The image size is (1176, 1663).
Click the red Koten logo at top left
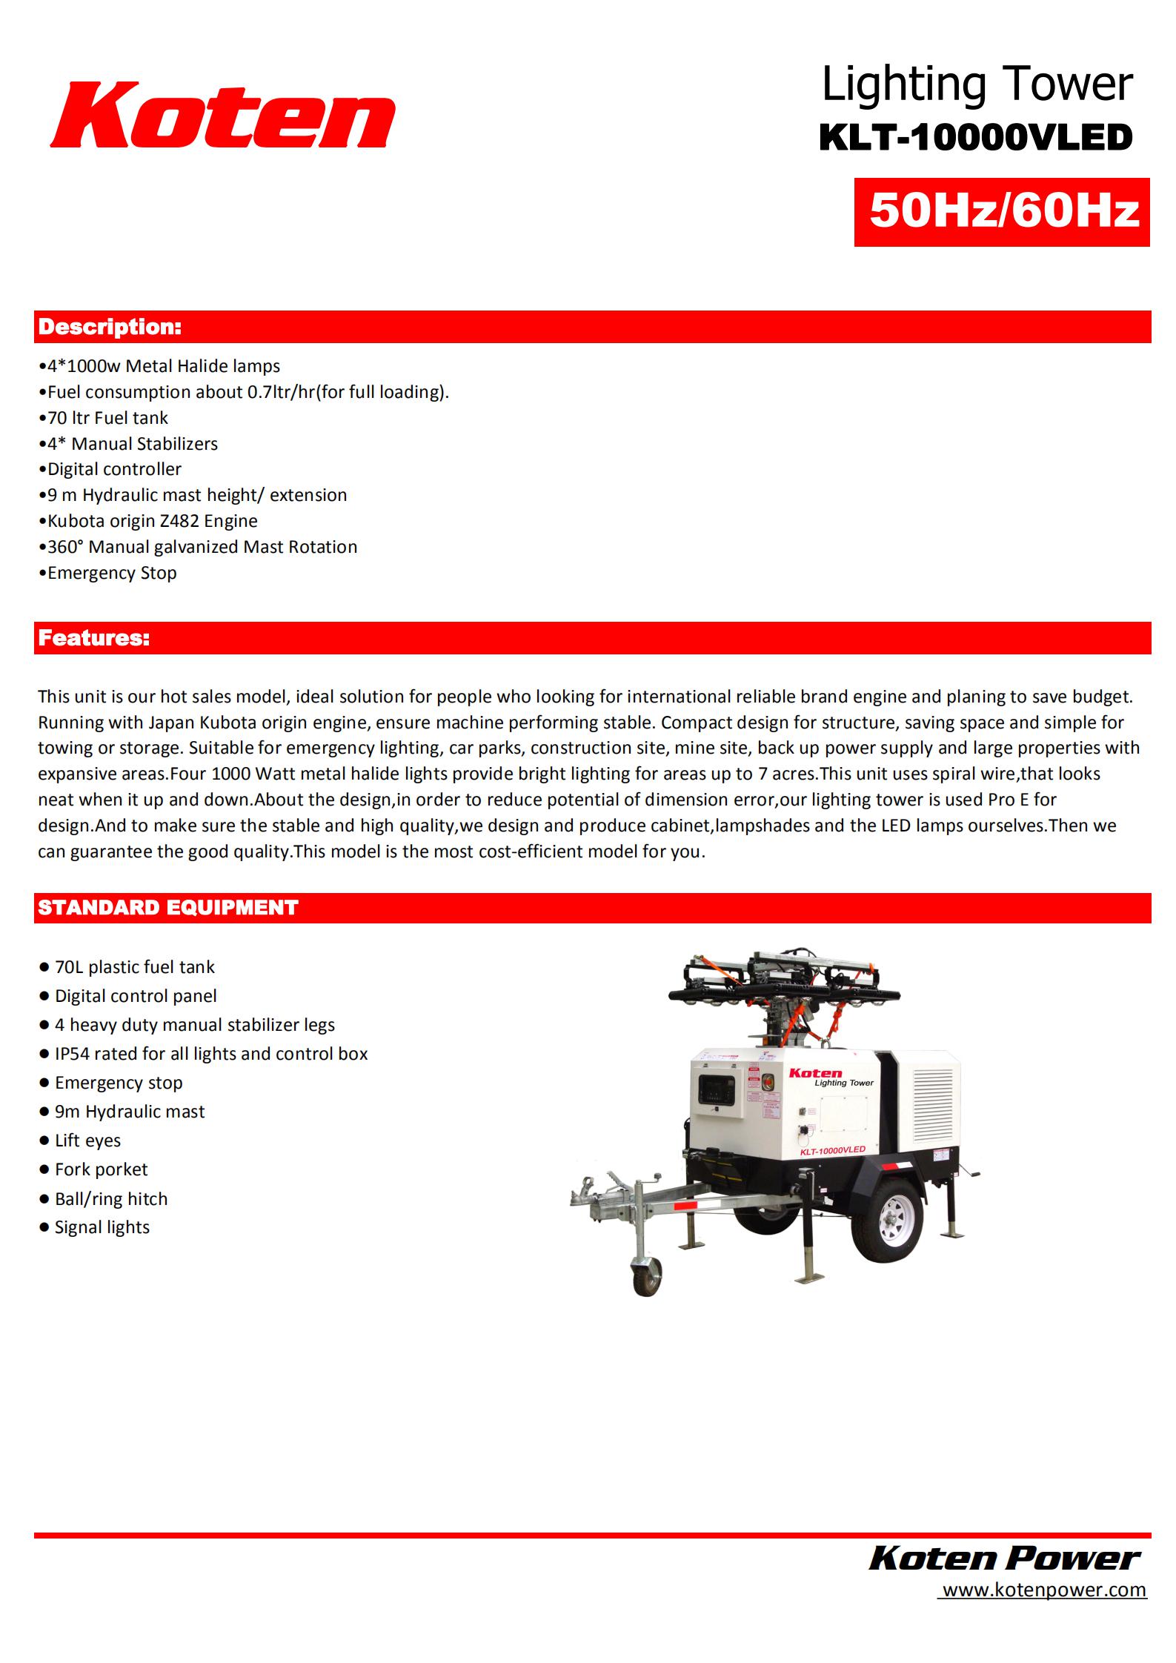click(222, 116)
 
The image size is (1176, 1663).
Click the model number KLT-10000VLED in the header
click(975, 138)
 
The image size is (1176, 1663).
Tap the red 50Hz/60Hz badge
click(1002, 211)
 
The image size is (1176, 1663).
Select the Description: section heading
click(110, 327)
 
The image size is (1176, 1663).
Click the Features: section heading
click(94, 638)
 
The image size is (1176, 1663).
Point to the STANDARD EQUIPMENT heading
click(168, 908)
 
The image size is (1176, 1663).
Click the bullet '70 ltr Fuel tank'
click(107, 418)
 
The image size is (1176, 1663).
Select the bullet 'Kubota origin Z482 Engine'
click(152, 521)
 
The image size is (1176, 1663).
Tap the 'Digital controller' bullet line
click(113, 469)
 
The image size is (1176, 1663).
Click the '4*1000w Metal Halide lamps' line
click(163, 366)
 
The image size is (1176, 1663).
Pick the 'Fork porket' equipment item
click(101, 1169)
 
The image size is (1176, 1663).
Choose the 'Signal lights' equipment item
click(102, 1227)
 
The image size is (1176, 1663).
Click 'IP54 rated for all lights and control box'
click(210, 1054)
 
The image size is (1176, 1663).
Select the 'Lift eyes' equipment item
click(87, 1141)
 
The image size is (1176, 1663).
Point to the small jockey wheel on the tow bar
click(647, 1275)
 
